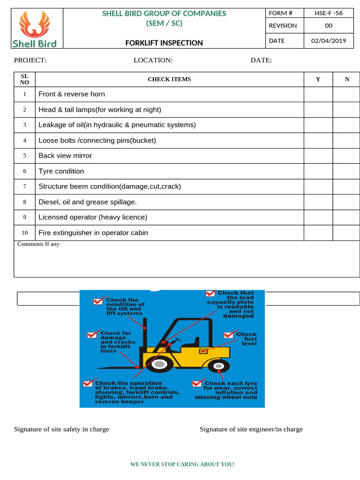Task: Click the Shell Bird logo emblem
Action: coord(34,24)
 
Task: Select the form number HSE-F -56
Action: coord(329,13)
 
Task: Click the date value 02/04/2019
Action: coord(329,40)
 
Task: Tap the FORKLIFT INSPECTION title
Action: coord(164,43)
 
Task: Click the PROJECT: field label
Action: coord(30,60)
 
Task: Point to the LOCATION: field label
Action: coord(153,60)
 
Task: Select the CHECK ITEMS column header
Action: coord(169,79)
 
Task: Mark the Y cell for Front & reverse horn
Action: coord(318,94)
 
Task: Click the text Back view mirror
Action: coord(65,156)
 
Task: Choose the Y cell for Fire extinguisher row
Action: coord(318,233)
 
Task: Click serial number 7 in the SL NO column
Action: coord(24,187)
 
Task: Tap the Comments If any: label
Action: coord(39,244)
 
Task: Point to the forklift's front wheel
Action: coord(160,363)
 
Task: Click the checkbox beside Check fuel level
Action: coord(229,335)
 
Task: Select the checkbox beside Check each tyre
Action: coord(197,383)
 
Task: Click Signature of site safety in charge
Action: coord(61,429)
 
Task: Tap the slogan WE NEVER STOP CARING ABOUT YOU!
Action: coord(182,464)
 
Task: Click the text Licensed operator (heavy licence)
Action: coord(93,217)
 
